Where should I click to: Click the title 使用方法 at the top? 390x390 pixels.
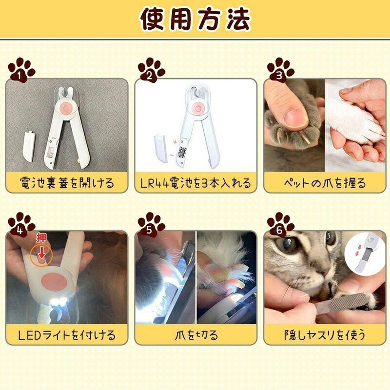tap(195, 19)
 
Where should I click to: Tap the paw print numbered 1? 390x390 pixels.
tap(21, 70)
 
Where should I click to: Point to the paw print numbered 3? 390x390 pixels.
tap(281, 70)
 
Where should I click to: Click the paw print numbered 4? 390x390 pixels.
tap(21, 225)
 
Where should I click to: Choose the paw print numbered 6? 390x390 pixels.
tap(281, 225)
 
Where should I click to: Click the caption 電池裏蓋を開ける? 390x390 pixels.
tap(67, 183)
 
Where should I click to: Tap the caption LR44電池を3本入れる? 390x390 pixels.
tap(195, 183)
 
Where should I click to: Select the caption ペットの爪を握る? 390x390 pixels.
tap(325, 183)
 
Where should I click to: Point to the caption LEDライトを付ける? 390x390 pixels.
tap(67, 335)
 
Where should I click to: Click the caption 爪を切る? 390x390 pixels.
tap(196, 335)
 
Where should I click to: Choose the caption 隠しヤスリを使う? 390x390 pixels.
tap(325, 335)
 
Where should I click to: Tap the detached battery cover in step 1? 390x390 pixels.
tap(29, 147)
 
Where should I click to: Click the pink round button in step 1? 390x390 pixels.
tap(66, 108)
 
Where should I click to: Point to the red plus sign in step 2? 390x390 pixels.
tap(175, 142)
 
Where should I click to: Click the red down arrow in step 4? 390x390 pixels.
tap(41, 253)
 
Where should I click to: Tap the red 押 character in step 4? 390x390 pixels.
tap(41, 238)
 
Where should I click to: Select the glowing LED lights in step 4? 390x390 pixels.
tap(58, 301)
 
